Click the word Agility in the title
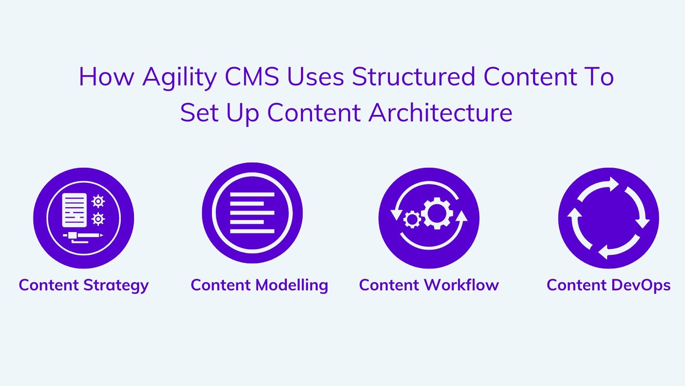(180, 77)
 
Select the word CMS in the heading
(252, 76)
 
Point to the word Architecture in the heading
(441, 112)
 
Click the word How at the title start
(107, 76)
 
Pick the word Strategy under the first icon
(116, 286)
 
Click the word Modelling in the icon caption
(292, 285)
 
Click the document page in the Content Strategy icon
(74, 210)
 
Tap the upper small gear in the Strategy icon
(98, 201)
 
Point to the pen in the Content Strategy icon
(83, 235)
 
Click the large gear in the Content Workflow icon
(437, 213)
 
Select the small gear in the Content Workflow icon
(412, 219)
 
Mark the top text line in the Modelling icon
(252, 195)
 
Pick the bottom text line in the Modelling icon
(252, 231)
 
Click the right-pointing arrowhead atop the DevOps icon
(614, 184)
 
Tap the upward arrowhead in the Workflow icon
(461, 216)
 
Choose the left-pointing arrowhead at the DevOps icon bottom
(603, 252)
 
